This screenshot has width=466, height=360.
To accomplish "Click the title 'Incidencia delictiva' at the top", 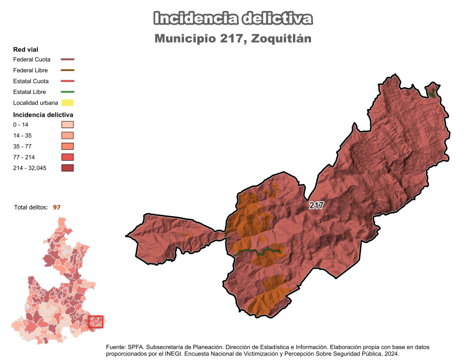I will pos(233,19).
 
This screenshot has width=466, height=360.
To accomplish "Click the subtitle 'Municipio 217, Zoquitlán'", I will pos(233,39).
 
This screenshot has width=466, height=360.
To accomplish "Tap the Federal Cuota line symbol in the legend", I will pos(68,59).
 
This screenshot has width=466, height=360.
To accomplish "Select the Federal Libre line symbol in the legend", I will pos(68,70).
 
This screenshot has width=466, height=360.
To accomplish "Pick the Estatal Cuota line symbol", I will pos(68,81).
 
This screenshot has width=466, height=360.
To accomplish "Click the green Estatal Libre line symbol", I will pos(68,92).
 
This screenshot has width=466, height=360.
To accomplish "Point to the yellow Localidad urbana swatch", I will pos(68,103).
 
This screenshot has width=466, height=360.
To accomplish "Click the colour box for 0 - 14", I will pos(68,125).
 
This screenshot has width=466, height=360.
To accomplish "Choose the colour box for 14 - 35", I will pos(68,135).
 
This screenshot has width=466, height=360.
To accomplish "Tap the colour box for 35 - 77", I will pos(68,146).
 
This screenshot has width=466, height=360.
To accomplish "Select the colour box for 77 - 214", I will pos(68,157).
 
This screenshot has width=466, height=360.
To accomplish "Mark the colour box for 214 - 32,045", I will pos(68,168).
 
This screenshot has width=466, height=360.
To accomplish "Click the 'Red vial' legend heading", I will pos(25,50).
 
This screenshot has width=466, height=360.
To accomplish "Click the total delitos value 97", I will pos(57,207).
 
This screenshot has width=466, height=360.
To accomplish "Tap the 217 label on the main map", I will pos(316,206).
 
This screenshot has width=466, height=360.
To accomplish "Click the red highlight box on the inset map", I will pos(96,322).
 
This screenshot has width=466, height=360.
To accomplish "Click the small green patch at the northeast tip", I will pos(432,91).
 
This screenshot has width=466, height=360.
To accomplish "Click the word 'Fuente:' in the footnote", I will pos(116,347).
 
